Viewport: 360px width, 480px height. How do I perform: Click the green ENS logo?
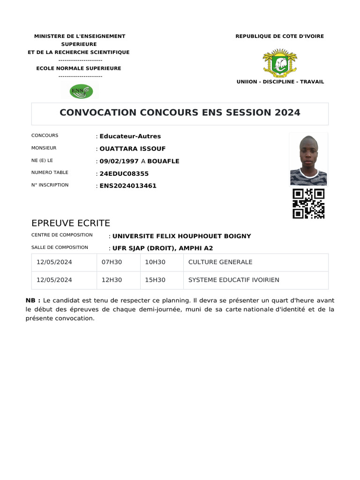[81, 90]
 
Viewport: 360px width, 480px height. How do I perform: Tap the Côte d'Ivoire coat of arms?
[280, 62]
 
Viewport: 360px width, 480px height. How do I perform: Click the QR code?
[308, 204]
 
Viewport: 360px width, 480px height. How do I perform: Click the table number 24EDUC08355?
[124, 173]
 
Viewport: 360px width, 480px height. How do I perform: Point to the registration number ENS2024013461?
[128, 186]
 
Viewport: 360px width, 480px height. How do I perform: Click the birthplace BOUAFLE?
[163, 161]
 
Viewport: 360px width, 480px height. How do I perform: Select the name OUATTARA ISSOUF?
[133, 149]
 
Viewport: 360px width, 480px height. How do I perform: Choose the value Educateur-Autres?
[130, 136]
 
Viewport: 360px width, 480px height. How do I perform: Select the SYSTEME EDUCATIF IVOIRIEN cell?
[233, 280]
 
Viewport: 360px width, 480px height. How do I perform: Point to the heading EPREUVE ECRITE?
[70, 223]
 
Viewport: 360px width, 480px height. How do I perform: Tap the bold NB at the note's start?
[33, 300]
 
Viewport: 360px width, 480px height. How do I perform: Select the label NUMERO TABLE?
[50, 172]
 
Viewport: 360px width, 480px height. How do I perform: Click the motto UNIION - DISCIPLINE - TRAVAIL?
[280, 82]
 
